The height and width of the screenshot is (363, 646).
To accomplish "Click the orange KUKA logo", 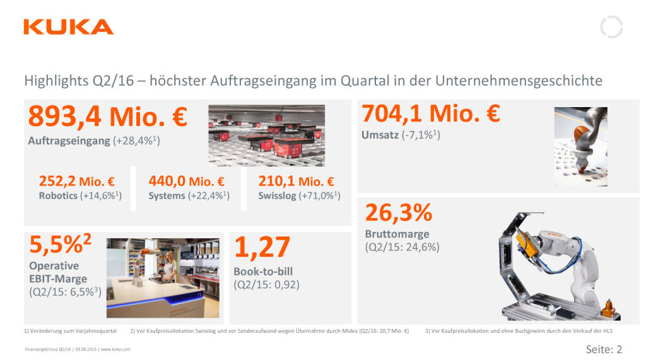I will pos(68,27).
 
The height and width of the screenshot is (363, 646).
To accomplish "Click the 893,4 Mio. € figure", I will pos(108,117).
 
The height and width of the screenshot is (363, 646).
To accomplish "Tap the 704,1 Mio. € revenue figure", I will pos(431,114).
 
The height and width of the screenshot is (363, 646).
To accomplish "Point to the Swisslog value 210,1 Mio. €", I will pos(297,181).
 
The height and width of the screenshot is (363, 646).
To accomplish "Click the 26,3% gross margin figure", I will pos(399,214).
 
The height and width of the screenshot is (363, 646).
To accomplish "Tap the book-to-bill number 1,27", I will pos(262,248).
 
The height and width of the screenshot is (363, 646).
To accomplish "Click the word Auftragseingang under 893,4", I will pos(69,141).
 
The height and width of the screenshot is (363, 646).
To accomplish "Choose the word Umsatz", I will pos(380,135).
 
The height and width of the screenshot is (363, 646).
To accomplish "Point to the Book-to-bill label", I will pos(263,272).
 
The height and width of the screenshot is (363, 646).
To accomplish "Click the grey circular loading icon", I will pos(611,27).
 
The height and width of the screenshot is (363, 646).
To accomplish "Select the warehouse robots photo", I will pos(267,135).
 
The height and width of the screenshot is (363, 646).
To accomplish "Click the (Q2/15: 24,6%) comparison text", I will pos(402,247).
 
